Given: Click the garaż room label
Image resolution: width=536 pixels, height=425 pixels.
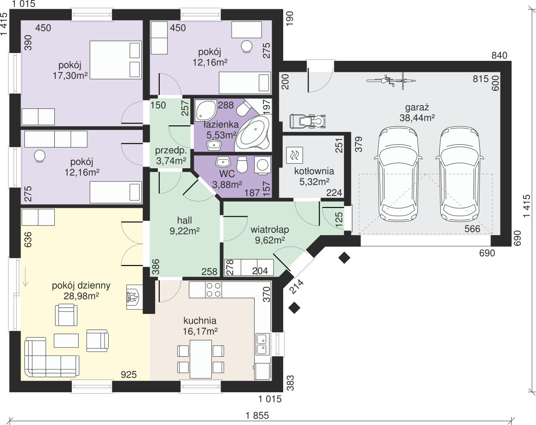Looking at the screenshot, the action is pos(417,108).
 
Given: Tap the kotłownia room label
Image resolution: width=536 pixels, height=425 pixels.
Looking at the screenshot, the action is pos(314,171).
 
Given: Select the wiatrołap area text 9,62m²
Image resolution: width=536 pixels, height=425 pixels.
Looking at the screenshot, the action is pos(270,240).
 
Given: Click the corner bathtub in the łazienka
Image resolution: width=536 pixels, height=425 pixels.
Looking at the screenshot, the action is pos(253,133).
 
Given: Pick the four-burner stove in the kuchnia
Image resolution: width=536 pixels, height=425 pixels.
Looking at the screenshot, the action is pos(213,289).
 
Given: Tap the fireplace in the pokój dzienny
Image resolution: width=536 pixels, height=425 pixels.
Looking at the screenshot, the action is pos(133,297).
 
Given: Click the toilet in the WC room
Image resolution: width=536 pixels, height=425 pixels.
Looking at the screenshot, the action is pos(242,164).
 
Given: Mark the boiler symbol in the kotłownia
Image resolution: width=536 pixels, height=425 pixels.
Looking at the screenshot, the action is pos(294,154).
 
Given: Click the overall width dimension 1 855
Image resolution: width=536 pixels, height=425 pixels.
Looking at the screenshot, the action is pos(257,415).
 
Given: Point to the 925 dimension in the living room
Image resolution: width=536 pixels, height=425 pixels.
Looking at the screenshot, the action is pos(129,375).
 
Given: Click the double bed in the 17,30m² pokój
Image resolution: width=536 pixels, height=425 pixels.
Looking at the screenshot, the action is pos(115,60).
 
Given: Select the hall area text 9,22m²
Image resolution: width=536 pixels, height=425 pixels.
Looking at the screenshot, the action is pos(185,231).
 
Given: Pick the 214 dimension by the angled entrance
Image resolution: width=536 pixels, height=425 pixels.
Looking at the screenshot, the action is pos(297,286).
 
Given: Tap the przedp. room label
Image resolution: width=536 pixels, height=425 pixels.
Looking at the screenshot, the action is pos(171,151).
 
